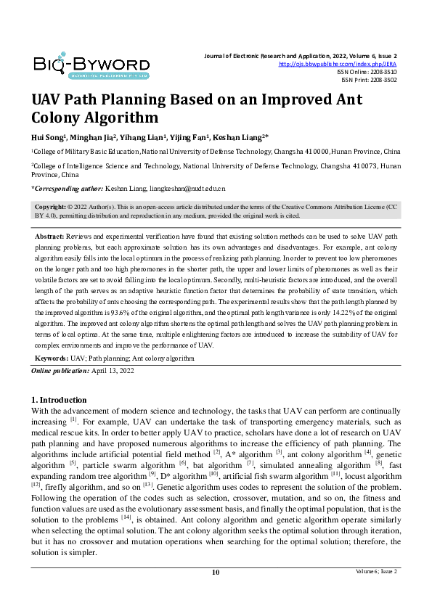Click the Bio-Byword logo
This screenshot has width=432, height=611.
coord(91,65)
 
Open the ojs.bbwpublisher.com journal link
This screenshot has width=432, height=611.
coord(338,64)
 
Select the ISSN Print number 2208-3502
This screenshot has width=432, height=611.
coord(384,80)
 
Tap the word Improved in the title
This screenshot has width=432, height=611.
coord(272,100)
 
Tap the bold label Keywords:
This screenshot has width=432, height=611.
coord(51,358)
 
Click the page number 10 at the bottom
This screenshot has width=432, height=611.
coord(216,572)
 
